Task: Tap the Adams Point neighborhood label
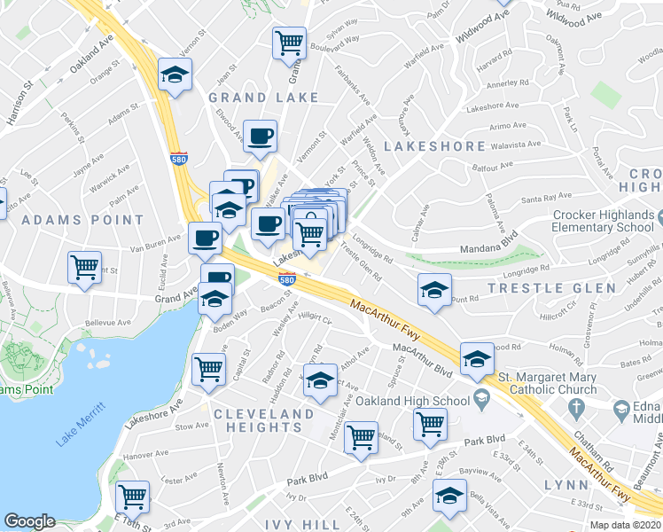coord(82,219)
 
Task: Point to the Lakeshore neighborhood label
coord(434,146)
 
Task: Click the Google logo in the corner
coord(29,521)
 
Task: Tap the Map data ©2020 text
coord(625,525)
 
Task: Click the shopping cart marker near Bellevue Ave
coord(84,266)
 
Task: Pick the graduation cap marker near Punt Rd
coord(434,290)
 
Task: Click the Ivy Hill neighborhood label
coord(308,525)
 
